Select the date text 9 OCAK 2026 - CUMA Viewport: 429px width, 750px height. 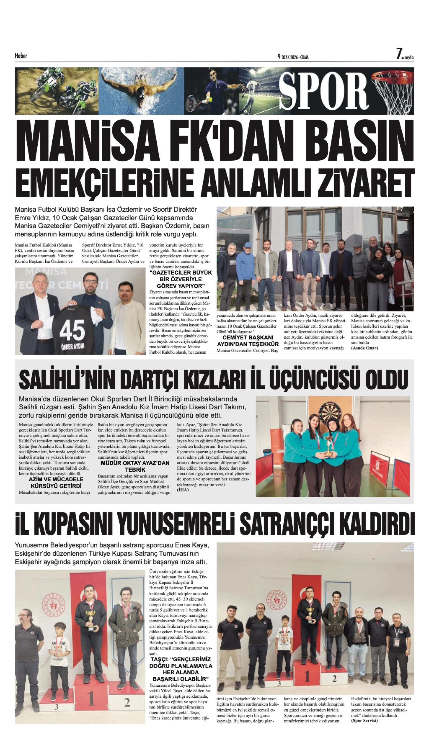293,57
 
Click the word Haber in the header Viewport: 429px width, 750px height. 21,56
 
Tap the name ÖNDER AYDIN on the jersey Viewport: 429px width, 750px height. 72,346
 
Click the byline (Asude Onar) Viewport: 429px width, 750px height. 364,348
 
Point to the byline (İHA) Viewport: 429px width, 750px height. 183,490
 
